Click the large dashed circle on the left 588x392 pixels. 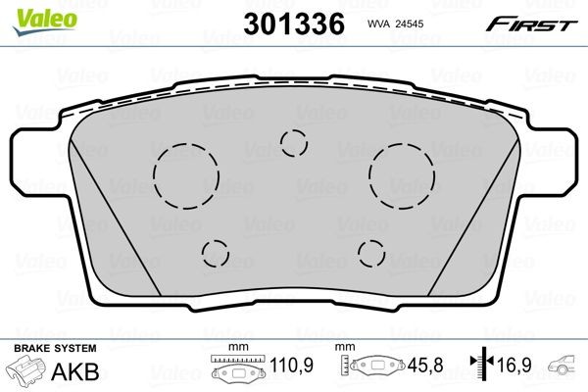pyautogui.click(x=183, y=175)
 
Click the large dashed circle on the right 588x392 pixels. pyautogui.click(x=402, y=174)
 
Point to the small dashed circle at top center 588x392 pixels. pyautogui.click(x=293, y=142)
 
